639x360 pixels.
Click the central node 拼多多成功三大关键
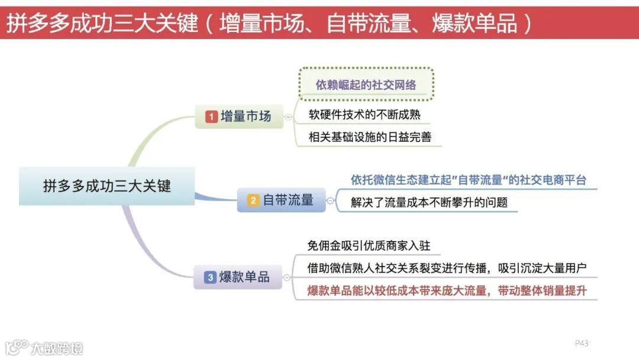coord(106,186)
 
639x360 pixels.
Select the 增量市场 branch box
coord(238,117)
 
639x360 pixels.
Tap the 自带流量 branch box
coord(281,200)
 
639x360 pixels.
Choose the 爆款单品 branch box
coord(238,277)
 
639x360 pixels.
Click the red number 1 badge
coord(211,117)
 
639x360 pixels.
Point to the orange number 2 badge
coord(253,201)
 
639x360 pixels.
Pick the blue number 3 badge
coord(210,277)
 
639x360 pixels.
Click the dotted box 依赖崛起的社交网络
coord(366,85)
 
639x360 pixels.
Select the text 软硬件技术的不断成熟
coord(364,114)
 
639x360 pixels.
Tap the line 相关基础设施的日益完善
coord(370,137)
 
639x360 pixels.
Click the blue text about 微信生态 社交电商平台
coord(468,179)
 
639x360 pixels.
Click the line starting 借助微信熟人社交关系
coord(447,268)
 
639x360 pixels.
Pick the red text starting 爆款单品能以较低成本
coord(447,291)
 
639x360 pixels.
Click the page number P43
coord(582,343)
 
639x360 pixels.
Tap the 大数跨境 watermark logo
coord(44,347)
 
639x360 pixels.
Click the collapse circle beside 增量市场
coord(288,117)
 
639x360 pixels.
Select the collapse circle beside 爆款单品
coord(287,277)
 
